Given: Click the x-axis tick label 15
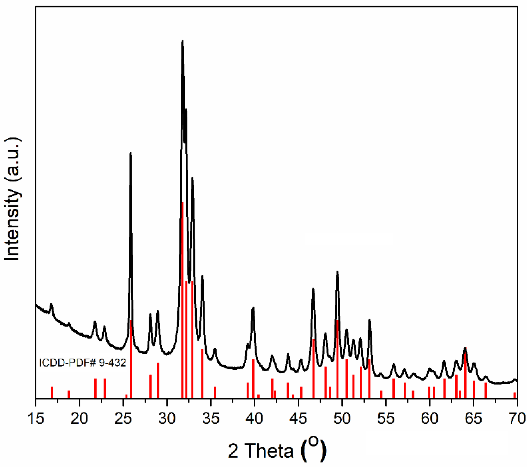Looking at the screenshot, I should (x=36, y=418).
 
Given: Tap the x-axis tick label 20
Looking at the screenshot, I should (x=79, y=418).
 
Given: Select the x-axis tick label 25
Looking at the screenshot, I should (x=123, y=418).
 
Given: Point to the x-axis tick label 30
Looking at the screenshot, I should (x=167, y=418).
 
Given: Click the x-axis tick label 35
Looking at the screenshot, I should (x=211, y=418).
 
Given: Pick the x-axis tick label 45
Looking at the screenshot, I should (x=298, y=418).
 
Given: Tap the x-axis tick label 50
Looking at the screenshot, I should (x=342, y=418).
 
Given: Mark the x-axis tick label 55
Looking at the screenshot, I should (x=386, y=418).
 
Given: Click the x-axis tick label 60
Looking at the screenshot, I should (x=429, y=418).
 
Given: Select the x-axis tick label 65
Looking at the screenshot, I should (x=473, y=418).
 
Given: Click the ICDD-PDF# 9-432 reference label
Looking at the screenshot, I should (x=82, y=363).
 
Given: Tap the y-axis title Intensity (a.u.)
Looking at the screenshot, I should (x=12, y=200).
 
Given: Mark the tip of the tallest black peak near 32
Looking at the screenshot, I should (x=183, y=41).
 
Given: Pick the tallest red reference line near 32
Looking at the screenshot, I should (x=183, y=299).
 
